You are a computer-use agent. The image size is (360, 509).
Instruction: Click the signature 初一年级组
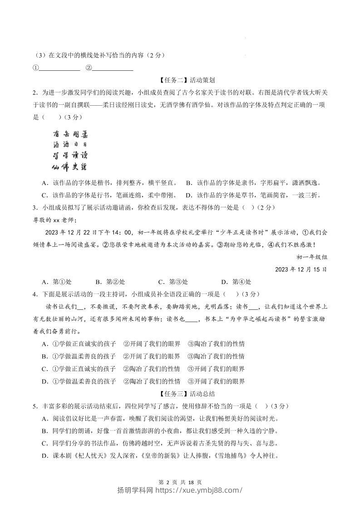(312, 257)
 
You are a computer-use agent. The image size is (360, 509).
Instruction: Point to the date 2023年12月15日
(301, 269)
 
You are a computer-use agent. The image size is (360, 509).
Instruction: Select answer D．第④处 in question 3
(236, 281)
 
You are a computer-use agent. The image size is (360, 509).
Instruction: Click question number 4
(35, 294)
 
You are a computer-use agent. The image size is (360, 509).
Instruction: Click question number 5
(35, 406)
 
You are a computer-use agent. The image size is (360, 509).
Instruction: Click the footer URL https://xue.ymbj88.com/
(200, 490)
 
